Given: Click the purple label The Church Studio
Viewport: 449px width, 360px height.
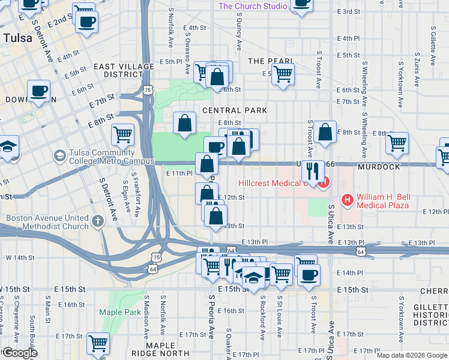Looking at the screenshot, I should coord(252,6).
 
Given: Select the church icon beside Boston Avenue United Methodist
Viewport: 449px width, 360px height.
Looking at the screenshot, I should coord(98,220).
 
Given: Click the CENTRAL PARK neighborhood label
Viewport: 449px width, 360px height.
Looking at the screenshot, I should coord(235,110).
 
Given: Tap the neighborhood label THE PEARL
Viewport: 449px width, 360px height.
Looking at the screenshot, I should coord(271,61).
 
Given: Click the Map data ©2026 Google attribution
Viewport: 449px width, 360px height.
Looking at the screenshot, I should coord(412,355).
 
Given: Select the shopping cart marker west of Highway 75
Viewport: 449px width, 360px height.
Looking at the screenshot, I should coord(122,134).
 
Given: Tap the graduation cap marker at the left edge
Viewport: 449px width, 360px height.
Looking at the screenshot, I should coord(7,147).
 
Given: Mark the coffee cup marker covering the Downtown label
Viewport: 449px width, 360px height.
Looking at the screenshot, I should coord(39,92).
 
